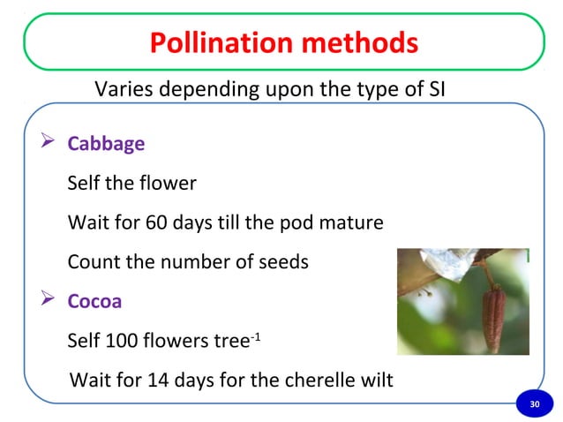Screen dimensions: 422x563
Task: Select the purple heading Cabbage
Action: [106, 143]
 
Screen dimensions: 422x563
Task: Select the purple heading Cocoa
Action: [94, 301]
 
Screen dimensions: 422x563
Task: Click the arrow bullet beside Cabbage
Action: [49, 142]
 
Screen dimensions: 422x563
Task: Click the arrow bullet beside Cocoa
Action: [49, 300]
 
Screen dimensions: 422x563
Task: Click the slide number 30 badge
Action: [533, 403]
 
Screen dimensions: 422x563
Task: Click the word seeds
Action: [284, 262]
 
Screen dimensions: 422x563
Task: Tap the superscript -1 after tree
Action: [258, 335]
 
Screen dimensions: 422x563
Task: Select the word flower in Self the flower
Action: [168, 184]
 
